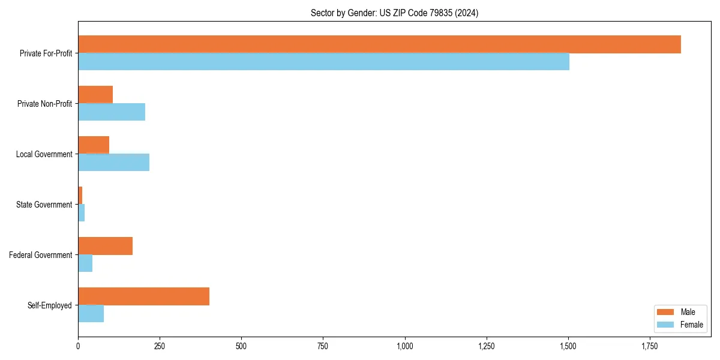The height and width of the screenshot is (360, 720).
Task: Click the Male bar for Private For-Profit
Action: (379, 44)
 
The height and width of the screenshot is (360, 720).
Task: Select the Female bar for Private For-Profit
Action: (323, 62)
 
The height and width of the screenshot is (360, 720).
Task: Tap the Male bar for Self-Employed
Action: (143, 296)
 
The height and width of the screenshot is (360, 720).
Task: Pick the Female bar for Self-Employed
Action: (91, 314)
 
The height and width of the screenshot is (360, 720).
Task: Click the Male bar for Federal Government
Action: (105, 246)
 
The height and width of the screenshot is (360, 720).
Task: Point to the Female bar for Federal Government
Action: (85, 263)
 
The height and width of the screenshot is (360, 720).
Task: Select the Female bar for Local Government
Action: (113, 163)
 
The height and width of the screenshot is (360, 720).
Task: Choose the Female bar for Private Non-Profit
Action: (112, 112)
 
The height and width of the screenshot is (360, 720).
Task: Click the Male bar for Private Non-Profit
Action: (95, 95)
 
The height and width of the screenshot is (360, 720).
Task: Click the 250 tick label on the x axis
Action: (160, 346)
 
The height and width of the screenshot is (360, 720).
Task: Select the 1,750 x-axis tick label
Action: (650, 346)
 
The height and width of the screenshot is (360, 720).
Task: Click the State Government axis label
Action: (44, 205)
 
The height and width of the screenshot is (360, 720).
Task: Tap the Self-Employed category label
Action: (49, 305)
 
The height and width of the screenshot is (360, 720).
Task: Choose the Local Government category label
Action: (44, 154)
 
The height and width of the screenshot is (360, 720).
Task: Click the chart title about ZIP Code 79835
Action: (394, 13)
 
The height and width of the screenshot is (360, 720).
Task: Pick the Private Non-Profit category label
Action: (44, 104)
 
